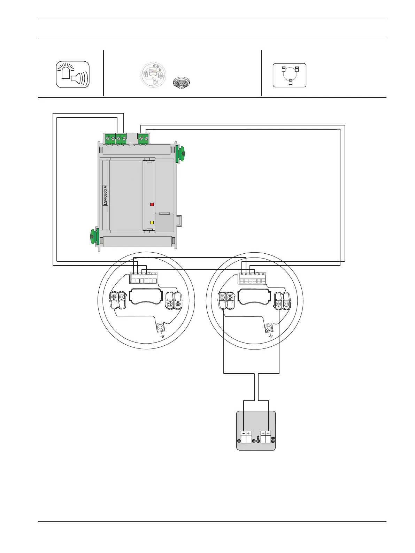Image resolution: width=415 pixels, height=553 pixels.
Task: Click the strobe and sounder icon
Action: (x=73, y=74)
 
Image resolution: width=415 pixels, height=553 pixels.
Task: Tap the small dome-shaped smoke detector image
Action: (x=182, y=83)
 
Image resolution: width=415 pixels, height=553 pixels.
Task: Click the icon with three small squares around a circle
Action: (x=289, y=75)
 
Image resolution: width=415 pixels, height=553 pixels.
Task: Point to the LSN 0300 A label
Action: (x=105, y=195)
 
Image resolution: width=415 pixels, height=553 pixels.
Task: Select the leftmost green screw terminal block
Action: (x=110, y=138)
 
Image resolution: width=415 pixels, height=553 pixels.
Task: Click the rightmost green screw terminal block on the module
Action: (x=144, y=138)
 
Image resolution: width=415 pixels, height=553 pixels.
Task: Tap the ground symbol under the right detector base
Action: (x=271, y=336)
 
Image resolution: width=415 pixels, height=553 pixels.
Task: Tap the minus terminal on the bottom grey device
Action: (x=243, y=433)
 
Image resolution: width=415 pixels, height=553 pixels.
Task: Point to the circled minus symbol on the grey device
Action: (x=239, y=441)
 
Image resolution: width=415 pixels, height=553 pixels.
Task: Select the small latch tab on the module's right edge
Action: (x=179, y=221)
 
